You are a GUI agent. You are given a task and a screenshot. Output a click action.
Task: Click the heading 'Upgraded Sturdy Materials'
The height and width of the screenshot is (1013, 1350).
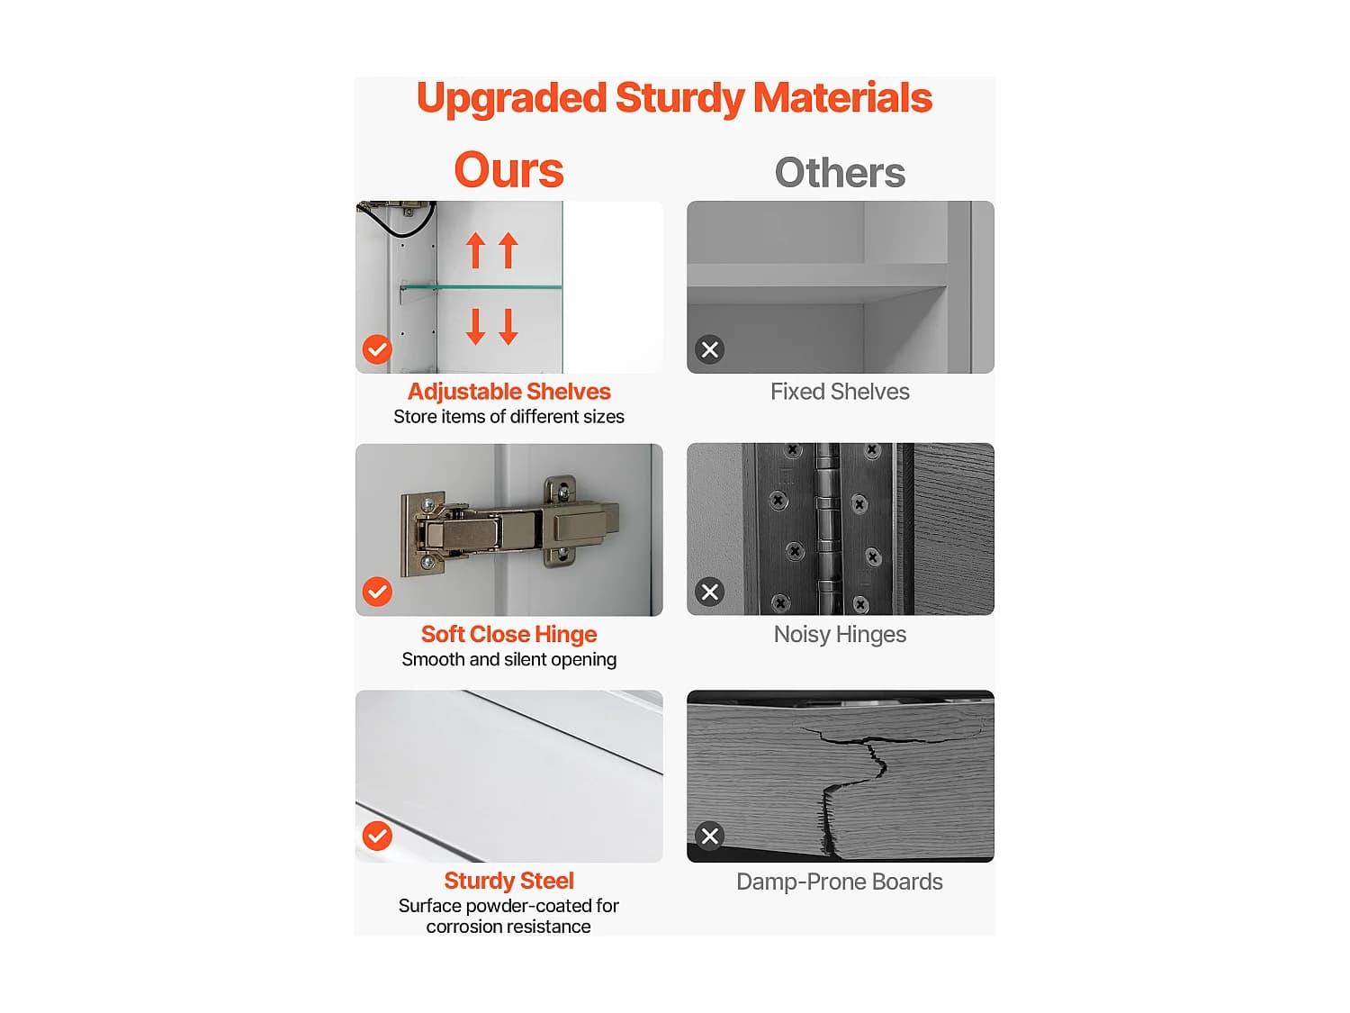[x=674, y=98]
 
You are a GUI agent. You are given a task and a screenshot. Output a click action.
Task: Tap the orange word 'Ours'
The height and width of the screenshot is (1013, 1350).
[x=508, y=170]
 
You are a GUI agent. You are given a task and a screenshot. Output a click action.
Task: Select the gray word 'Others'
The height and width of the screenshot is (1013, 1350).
[x=840, y=172]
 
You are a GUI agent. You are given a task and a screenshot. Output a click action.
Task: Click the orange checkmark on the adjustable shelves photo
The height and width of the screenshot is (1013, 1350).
[x=377, y=349]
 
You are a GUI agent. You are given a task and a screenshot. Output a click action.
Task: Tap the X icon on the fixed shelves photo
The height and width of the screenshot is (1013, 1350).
[x=709, y=349]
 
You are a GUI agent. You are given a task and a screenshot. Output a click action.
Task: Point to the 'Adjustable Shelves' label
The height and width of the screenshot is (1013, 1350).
[x=508, y=391]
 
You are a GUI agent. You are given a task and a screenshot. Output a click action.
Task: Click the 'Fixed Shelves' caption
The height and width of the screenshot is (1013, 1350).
[x=840, y=391]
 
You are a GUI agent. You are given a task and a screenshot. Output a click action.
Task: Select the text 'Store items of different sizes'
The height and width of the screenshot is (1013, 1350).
[x=508, y=416]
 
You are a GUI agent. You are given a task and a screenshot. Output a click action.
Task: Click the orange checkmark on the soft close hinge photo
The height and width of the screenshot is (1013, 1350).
[x=377, y=592]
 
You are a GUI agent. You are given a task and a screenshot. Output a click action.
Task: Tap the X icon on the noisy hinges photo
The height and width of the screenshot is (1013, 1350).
[x=709, y=592]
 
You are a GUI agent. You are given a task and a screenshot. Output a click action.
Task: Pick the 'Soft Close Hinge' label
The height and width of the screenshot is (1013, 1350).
[x=508, y=634]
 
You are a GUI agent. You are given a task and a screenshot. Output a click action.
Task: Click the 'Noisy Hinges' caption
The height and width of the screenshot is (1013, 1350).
[x=840, y=634]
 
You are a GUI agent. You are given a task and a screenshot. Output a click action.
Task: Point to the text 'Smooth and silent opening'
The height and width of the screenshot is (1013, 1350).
[x=508, y=659]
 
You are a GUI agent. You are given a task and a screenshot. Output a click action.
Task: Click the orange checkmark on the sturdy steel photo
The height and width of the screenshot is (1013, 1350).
[x=377, y=836]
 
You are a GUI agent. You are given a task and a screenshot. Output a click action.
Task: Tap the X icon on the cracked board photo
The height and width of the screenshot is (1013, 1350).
[x=709, y=836]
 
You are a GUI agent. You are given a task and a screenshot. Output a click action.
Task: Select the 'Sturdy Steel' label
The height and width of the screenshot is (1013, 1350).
[x=508, y=880]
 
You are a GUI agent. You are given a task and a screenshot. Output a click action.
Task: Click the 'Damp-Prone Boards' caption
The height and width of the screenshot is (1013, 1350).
[x=840, y=882]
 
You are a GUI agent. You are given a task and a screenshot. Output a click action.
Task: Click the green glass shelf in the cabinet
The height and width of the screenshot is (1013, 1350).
[x=481, y=286]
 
